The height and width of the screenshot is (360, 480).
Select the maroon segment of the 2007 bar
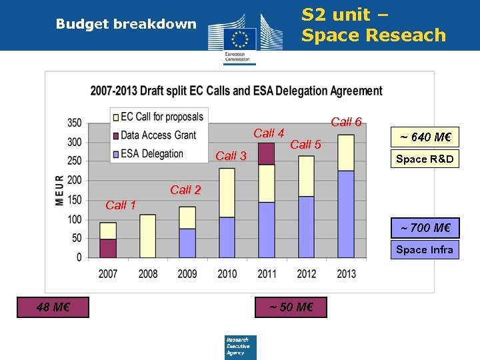[x=108, y=248]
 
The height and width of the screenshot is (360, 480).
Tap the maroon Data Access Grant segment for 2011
[x=266, y=153]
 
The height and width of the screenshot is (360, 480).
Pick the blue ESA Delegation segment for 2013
[x=346, y=214]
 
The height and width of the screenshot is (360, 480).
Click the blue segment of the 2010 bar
[x=227, y=237]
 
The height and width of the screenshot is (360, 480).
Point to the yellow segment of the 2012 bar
[x=306, y=176]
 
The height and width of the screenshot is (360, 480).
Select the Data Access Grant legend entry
[x=157, y=135]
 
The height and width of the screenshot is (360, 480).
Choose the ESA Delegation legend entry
[x=151, y=153]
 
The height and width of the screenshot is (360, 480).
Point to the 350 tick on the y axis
[x=74, y=123]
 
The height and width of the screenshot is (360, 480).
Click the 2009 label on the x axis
[x=187, y=273]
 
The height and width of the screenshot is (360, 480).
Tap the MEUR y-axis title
[x=60, y=190]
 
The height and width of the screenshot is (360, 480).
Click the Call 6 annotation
[x=346, y=122]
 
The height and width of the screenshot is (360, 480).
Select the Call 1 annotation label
[x=121, y=205]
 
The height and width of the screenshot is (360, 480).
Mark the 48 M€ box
[x=53, y=307]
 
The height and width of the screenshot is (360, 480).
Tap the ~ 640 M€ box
[x=425, y=138]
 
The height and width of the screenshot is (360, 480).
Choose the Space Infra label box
[x=425, y=249]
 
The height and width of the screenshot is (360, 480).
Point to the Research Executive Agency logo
[x=240, y=347]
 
